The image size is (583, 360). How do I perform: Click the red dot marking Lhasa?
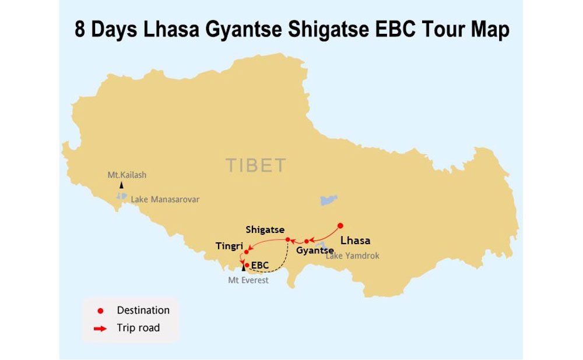point(340,225)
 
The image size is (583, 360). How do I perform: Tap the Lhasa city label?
point(355,241)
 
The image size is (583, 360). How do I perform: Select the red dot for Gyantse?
point(307,241)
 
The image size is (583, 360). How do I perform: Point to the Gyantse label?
point(315,250)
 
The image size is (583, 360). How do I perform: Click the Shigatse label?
point(265,230)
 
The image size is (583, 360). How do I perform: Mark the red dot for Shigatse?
point(287,239)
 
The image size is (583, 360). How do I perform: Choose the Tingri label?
point(229,246)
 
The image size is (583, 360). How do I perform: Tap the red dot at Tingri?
point(246,252)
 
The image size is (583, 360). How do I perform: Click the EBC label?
point(260,266)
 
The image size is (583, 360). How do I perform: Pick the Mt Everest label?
point(248,280)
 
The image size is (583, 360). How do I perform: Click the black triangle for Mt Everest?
point(243,267)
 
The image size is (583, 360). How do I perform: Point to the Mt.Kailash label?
point(127,175)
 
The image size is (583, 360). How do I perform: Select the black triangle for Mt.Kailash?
point(122,185)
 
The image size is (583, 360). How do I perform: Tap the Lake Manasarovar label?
point(165,199)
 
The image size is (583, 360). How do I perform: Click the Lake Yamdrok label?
point(353,256)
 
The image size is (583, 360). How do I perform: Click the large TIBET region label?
point(257,165)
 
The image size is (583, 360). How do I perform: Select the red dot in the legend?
point(100,311)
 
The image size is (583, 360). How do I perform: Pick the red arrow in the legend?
point(100,329)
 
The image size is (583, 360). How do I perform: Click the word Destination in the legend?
point(143,310)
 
